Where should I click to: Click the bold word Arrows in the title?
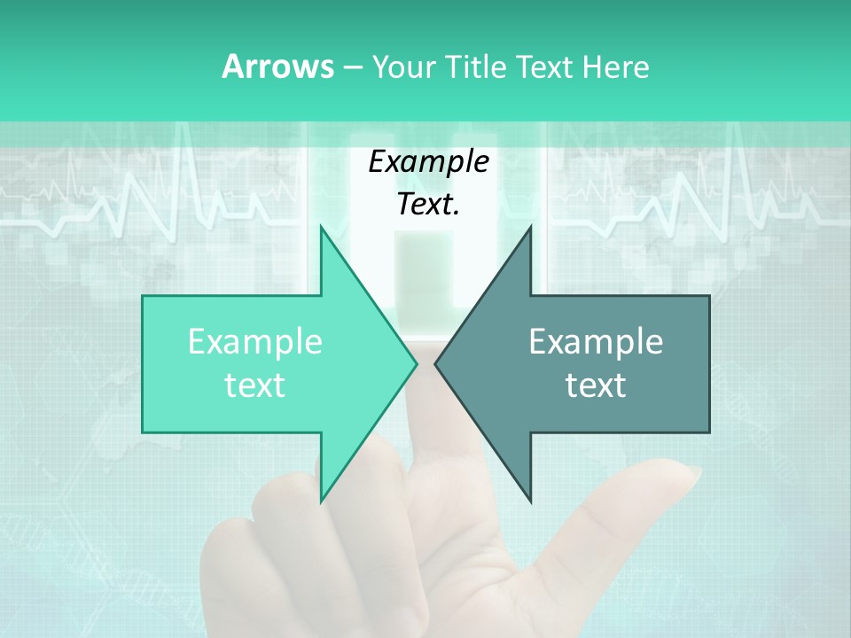277,66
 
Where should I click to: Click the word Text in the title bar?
545,66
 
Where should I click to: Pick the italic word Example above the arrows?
428,162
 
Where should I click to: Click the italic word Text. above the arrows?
428,204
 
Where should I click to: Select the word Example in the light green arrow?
255,342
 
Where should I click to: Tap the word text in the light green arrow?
255,385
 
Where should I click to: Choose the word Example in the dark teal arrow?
596,342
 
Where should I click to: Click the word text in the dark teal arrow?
596,385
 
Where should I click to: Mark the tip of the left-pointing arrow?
435,363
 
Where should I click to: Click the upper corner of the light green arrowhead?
321,226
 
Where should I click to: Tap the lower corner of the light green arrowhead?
321,502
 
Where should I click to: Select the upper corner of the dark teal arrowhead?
531,226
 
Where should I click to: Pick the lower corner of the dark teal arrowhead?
531,502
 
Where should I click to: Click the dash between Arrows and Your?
351,67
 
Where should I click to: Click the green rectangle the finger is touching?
423,284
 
